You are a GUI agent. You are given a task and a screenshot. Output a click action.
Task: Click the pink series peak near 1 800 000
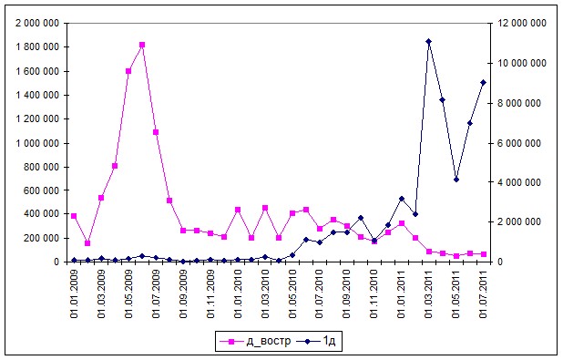(x=142, y=45)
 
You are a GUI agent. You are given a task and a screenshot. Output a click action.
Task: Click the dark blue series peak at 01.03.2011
(x=428, y=41)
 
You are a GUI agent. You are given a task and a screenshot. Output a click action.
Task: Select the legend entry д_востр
(x=255, y=341)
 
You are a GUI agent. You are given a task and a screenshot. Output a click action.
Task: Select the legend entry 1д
(x=316, y=341)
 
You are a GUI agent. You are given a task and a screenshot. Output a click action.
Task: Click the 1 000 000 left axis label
(x=37, y=143)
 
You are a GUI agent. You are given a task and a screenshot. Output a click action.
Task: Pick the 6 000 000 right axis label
(x=518, y=143)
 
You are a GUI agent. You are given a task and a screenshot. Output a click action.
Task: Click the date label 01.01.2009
(x=74, y=293)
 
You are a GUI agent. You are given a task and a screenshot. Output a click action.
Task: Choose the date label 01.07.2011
(x=484, y=293)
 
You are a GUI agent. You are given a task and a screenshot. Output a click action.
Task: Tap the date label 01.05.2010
(x=292, y=293)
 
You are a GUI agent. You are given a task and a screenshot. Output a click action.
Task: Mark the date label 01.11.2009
(x=210, y=293)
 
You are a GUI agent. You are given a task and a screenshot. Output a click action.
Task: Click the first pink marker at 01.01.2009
(x=74, y=216)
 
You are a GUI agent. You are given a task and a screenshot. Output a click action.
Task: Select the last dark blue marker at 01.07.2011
(x=484, y=83)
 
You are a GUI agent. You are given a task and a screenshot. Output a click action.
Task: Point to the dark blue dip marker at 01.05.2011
(x=456, y=180)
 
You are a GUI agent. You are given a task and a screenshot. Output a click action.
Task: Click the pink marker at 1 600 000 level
(x=128, y=71)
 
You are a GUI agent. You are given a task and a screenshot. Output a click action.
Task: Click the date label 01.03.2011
(x=429, y=293)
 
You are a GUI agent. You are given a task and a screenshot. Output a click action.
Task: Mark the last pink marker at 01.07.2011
(x=484, y=254)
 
